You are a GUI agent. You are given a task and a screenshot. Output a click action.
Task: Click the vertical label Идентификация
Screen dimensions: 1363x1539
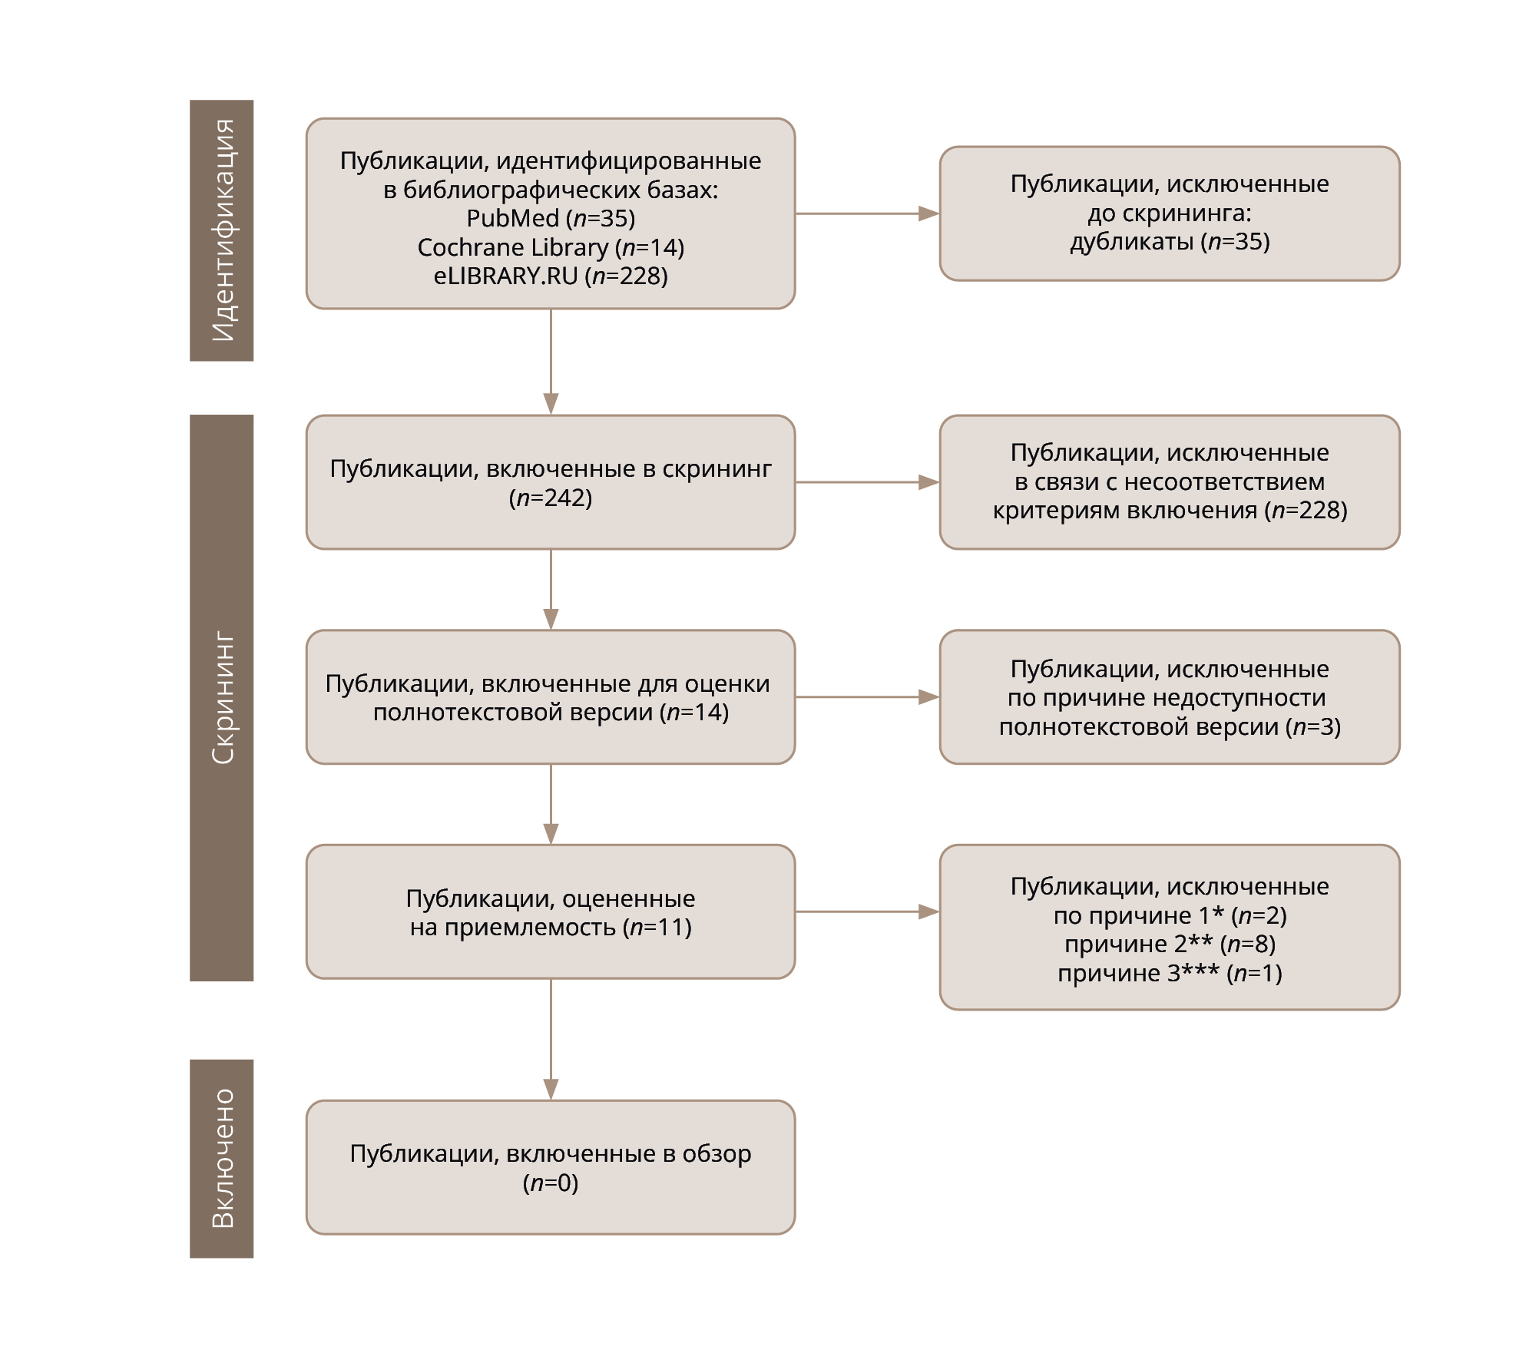(x=222, y=230)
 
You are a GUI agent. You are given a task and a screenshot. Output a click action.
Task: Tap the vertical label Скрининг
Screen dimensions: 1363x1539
(x=222, y=697)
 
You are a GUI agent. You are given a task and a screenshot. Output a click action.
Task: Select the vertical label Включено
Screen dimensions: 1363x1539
(x=222, y=1158)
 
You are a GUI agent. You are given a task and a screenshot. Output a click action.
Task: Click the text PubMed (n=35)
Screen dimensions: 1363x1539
(x=551, y=218)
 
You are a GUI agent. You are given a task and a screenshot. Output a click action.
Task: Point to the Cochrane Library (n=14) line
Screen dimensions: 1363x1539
(x=551, y=247)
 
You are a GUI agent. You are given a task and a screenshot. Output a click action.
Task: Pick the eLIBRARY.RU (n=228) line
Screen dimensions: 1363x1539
(x=551, y=276)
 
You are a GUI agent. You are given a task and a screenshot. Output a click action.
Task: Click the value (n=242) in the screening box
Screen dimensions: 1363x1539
(x=551, y=498)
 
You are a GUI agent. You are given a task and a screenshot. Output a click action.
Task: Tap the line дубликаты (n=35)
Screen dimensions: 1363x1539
(x=1170, y=242)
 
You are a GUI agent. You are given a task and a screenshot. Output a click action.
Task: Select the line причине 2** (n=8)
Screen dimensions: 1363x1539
(x=1170, y=944)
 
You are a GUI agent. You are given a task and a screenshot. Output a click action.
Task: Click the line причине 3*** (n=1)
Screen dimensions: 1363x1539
(x=1170, y=973)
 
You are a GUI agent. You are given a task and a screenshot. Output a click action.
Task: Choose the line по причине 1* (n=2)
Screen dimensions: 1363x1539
(x=1170, y=915)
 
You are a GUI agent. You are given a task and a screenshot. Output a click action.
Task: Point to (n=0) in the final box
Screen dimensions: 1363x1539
(x=551, y=1183)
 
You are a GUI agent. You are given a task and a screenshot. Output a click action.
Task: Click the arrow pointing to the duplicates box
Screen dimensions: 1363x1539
(x=868, y=213)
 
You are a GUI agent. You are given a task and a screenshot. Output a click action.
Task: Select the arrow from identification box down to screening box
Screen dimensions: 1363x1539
(x=551, y=362)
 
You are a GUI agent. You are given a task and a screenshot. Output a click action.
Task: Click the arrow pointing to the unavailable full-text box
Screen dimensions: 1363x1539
(x=868, y=697)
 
